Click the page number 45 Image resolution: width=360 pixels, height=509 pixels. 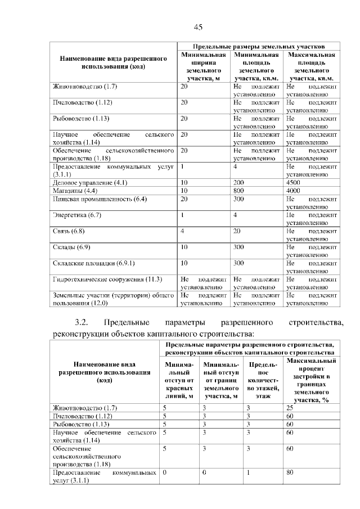(197, 26)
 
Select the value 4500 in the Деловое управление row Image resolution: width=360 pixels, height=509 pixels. (294, 183)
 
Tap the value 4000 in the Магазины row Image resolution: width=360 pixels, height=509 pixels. (294, 191)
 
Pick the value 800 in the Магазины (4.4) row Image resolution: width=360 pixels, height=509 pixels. (238, 191)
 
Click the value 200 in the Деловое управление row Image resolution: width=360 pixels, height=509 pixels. (238, 183)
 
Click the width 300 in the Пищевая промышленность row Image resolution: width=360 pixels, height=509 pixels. (238, 199)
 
